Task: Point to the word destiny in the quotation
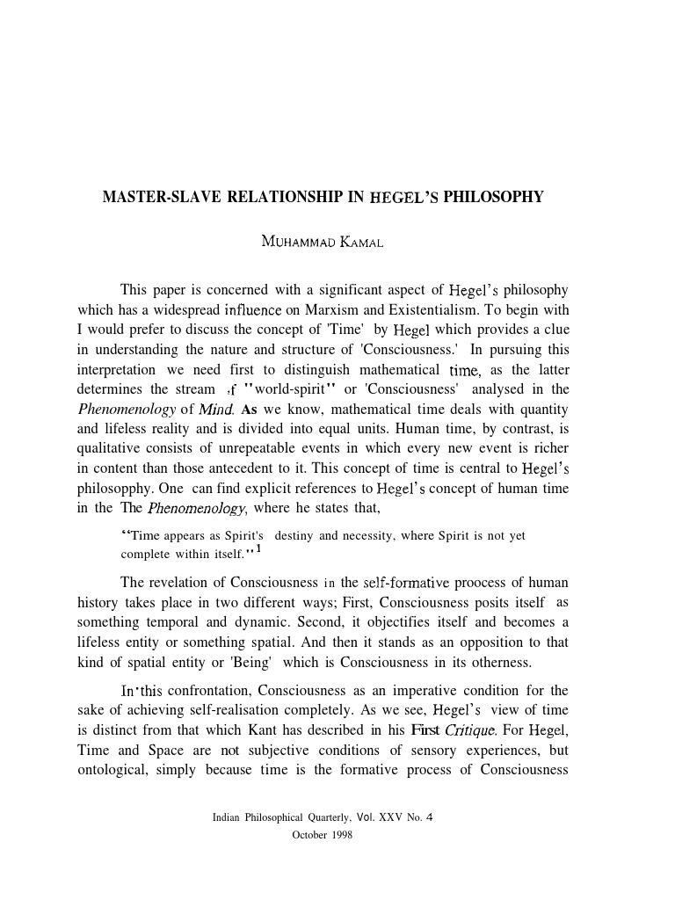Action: (x=299, y=536)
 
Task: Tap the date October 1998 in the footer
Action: (x=322, y=835)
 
